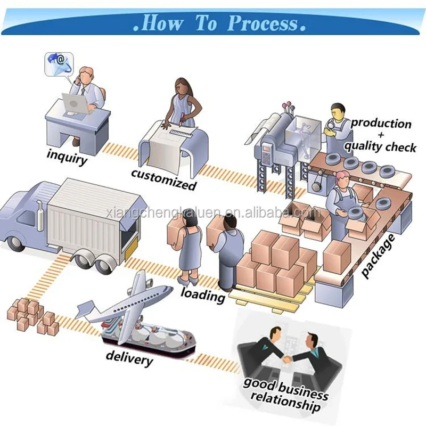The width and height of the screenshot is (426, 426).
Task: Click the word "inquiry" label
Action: coord(67,156)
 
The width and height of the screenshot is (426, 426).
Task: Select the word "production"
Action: coord(381,124)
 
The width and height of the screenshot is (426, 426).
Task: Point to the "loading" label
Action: coord(203,294)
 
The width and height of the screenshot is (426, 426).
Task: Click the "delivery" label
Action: coord(129,358)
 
